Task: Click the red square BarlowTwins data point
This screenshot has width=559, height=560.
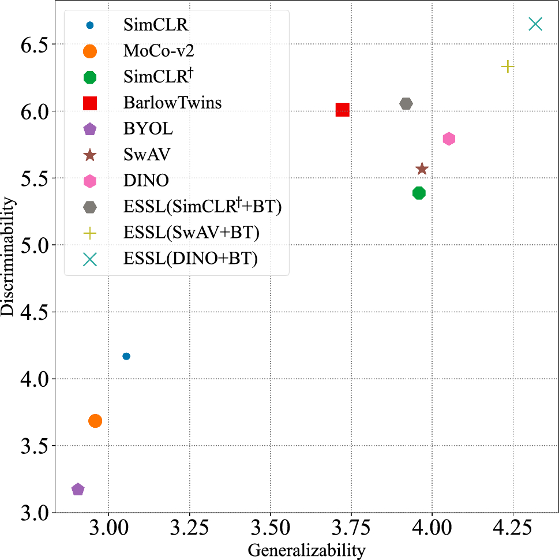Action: [x=342, y=110]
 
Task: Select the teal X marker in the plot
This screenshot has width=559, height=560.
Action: [x=535, y=24]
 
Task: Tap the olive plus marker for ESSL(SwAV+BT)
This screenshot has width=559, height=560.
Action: [x=508, y=66]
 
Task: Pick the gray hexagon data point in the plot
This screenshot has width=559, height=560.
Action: [x=406, y=103]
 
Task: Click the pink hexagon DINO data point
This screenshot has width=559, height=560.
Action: [x=449, y=139]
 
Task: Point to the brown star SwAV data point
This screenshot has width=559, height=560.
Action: [x=422, y=169]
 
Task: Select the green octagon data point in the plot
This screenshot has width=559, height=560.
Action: [x=419, y=193]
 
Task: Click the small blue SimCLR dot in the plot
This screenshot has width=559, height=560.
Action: [x=126, y=356]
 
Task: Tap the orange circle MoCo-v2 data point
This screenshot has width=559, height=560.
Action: [x=95, y=421]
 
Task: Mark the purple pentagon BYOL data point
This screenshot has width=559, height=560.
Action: [x=78, y=490]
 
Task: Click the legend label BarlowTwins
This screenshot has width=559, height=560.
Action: [x=172, y=103]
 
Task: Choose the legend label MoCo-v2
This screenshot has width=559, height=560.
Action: [x=158, y=51]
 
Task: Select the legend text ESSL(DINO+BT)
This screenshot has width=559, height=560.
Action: [x=190, y=259]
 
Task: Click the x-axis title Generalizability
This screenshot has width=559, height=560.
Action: [x=306, y=550]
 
